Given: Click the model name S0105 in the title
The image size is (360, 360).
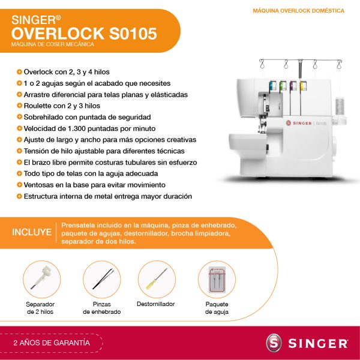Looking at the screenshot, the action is [x=133, y=34].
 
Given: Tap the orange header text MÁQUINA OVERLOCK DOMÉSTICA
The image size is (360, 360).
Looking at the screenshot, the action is [x=298, y=11].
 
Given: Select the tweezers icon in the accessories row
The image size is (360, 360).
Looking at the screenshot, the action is [x=103, y=279].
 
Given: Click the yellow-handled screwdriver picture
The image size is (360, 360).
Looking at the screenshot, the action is [x=157, y=279].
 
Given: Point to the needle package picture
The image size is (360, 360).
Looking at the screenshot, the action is [x=217, y=280].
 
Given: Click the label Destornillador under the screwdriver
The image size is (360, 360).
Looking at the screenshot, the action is [x=155, y=304].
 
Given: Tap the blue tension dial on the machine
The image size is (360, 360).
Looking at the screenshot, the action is [x=273, y=86].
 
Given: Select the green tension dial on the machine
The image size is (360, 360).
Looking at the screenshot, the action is [x=283, y=86].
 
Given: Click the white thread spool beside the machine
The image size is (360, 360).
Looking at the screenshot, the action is [x=340, y=106].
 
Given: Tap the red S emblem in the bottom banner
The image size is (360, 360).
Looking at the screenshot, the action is [x=274, y=343].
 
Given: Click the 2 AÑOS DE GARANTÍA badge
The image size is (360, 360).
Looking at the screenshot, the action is [x=52, y=343].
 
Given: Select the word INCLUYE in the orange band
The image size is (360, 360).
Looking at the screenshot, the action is [x=32, y=232].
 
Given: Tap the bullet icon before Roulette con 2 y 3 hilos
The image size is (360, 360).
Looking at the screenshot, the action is [x=20, y=106].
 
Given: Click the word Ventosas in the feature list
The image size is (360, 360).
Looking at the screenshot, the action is [x=38, y=185].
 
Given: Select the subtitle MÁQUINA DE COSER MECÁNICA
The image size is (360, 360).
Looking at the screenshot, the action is [x=53, y=44].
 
